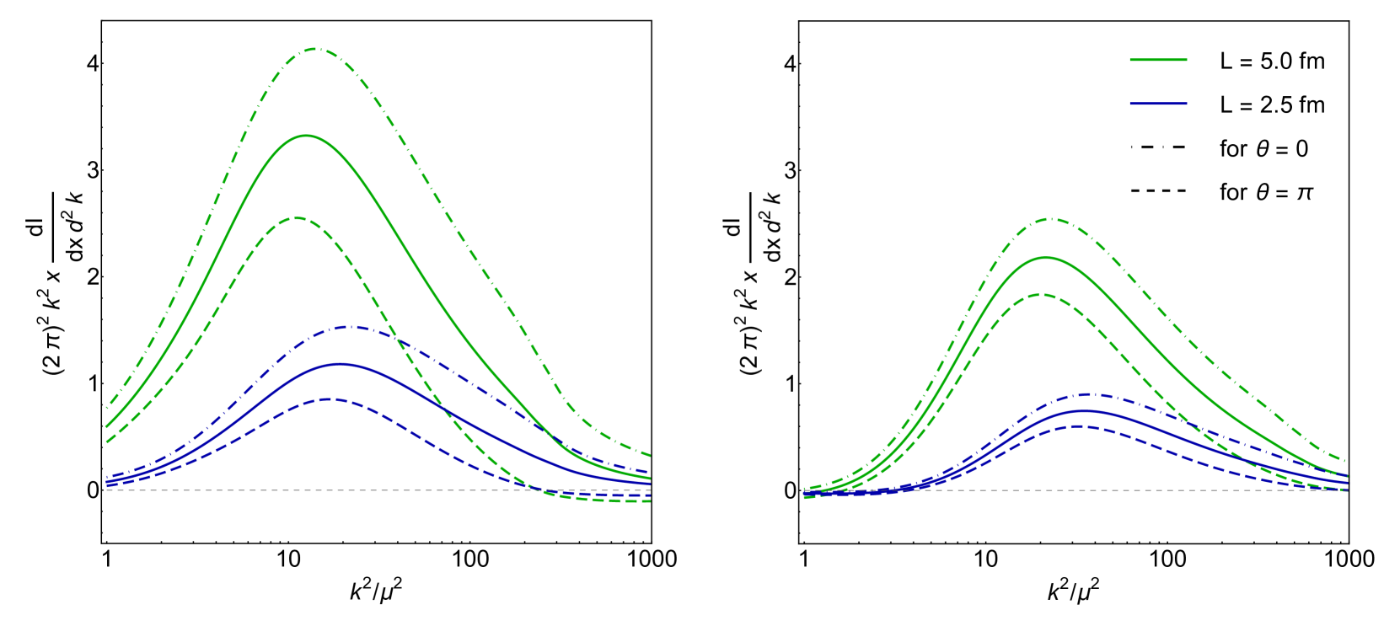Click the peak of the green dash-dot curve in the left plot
pyautogui.click(x=316, y=49)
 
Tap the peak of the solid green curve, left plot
pyautogui.click(x=305, y=135)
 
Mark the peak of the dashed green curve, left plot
pyautogui.click(x=298, y=217)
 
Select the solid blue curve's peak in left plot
pyautogui.click(x=339, y=364)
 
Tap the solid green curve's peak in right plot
pyautogui.click(x=1045, y=258)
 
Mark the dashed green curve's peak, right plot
pyautogui.click(x=1043, y=294)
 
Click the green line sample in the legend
pyautogui.click(x=1158, y=60)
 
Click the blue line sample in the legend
pyautogui.click(x=1158, y=104)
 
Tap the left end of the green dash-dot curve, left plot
pyautogui.click(x=106, y=409)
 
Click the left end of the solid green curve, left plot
pyautogui.click(x=106, y=426)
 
